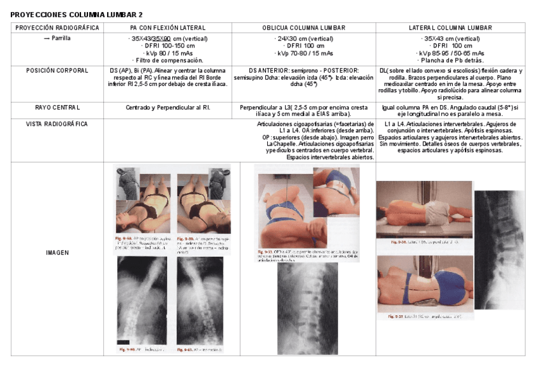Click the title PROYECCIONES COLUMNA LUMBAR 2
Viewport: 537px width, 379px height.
(x=77, y=14)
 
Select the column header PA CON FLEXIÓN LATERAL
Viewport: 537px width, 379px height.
(x=168, y=28)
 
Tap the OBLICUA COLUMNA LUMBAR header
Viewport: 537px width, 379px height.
(x=303, y=28)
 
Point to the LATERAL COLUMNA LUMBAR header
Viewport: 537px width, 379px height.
(x=450, y=28)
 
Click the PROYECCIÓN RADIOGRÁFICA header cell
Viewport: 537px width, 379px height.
(x=57, y=28)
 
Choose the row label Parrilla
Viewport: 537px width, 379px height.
(x=57, y=38)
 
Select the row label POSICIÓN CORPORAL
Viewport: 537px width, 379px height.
(x=57, y=70)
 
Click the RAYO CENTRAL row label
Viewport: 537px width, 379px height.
(x=57, y=107)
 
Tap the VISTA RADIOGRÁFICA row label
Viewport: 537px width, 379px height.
(x=57, y=124)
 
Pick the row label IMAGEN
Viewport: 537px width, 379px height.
(x=57, y=252)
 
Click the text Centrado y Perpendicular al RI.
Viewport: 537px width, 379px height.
(x=168, y=108)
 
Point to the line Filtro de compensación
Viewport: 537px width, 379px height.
(x=168, y=60)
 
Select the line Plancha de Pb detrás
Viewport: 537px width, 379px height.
(x=450, y=60)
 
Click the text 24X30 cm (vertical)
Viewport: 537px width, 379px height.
(x=303, y=39)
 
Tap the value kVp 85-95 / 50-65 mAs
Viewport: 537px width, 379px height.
(x=450, y=53)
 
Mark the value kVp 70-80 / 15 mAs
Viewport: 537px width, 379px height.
(x=303, y=53)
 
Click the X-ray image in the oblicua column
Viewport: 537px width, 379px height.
(x=307, y=308)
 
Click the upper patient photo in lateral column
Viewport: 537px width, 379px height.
(x=424, y=209)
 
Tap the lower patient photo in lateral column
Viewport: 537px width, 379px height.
(x=424, y=283)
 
